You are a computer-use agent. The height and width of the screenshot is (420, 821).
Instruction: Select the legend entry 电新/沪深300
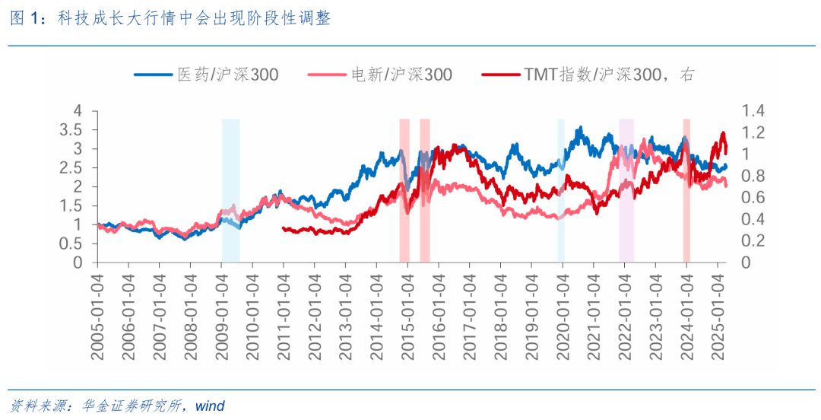coord(380,75)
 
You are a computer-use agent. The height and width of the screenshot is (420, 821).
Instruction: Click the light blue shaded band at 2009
coord(230,190)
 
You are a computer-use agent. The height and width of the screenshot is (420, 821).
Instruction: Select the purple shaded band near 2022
coord(626,190)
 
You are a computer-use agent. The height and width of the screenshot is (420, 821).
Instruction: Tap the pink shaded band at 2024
coord(686,190)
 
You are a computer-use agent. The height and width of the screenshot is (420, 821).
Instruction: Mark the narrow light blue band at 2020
coord(561,190)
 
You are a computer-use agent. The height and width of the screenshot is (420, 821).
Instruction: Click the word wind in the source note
coord(210,406)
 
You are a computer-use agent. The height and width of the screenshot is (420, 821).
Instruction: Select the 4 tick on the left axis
coord(78,111)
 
